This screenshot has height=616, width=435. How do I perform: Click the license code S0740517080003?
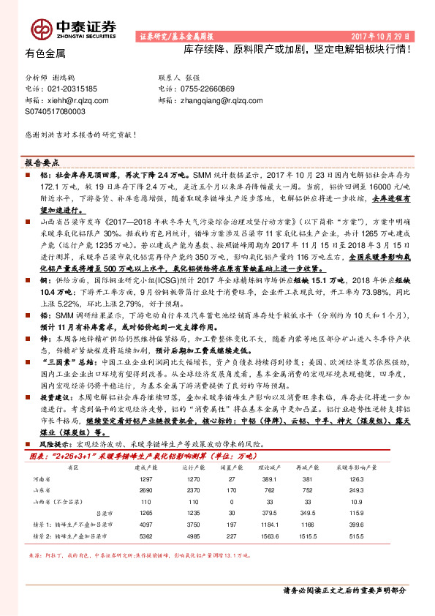pyautogui.click(x=55, y=111)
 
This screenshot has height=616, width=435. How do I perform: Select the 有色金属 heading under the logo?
pyautogui.click(x=45, y=53)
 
